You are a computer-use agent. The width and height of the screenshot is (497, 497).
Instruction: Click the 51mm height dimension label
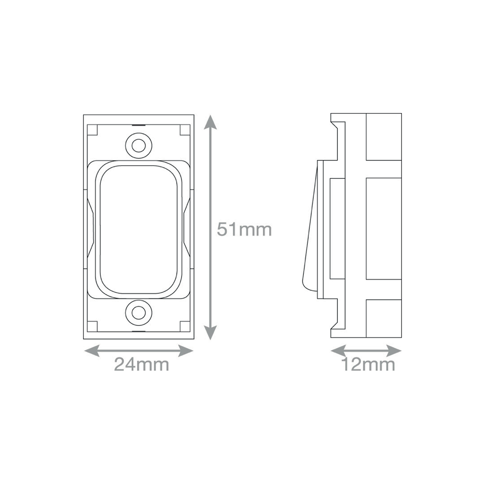point(244,230)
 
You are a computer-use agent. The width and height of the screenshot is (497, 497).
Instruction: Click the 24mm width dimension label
point(142,364)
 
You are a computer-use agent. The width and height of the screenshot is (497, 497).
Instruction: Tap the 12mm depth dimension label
point(368,364)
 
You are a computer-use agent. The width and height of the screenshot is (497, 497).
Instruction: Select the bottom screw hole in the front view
point(139,312)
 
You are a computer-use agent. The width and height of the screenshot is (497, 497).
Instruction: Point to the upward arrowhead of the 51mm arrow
point(211,122)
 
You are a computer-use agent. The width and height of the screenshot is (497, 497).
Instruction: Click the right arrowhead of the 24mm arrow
point(186,351)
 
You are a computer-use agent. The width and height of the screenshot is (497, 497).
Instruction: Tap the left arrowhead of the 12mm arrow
point(338,351)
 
